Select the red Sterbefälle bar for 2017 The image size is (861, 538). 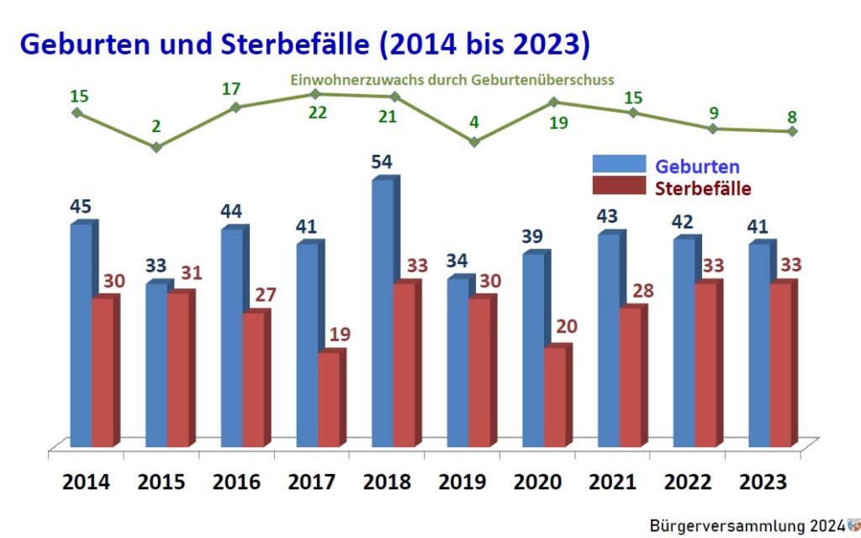pos(330,399)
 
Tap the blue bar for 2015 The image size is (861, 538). pos(156,365)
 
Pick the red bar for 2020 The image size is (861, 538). pos(555,397)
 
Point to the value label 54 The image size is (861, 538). pos(382,161)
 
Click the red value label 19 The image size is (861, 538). pos(340,335)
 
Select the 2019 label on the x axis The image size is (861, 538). pos(462,483)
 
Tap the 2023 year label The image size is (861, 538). pos(763,483)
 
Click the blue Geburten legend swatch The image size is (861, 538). pos(619,165)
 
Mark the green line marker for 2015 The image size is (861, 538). pos(156,147)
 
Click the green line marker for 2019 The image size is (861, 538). pos(474,142)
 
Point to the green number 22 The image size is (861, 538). pos(318,113)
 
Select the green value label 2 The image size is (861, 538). pos(156,127)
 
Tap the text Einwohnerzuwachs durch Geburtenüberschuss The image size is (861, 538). pos(452,81)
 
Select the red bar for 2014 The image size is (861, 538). pos(103,372)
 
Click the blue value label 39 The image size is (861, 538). pos(532,238)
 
